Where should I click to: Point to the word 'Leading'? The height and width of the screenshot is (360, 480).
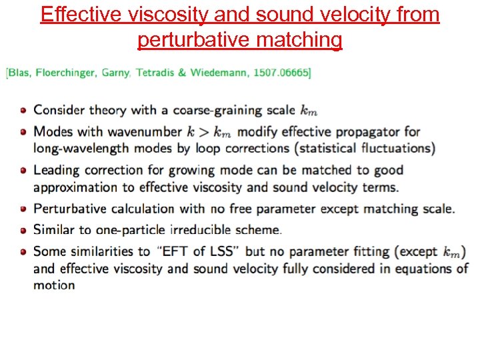[55, 170]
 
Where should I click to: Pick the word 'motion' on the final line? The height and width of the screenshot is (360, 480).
[54, 285]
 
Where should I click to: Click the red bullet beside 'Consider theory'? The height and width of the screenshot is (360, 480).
[24, 111]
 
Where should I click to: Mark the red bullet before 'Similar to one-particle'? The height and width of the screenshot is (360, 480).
[24, 231]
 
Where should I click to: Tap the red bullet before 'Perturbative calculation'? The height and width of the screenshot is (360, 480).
[24, 209]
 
